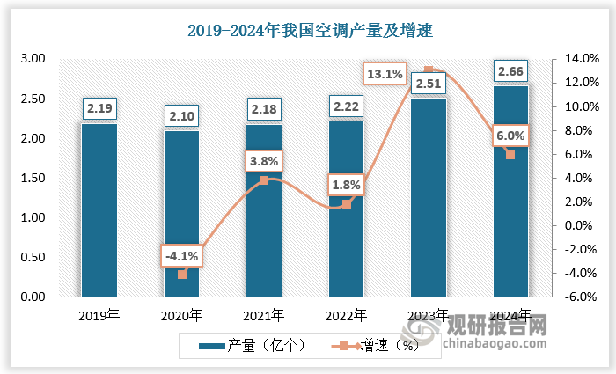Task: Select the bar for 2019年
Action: tap(99, 211)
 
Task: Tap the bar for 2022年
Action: tap(346, 238)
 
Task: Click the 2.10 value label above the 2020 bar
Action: tap(181, 116)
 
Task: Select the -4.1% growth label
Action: tap(182, 256)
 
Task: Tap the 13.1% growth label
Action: tap(385, 75)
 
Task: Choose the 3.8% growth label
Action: tap(264, 161)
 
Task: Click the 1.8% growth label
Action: tap(346, 186)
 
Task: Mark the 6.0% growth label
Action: tap(510, 136)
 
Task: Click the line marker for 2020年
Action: tap(182, 275)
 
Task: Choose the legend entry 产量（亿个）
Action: tap(251, 346)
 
